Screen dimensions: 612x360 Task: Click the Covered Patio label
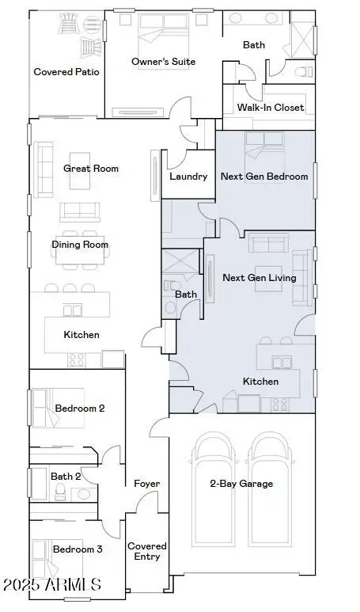pos(66,72)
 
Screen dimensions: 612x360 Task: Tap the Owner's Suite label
pos(163,62)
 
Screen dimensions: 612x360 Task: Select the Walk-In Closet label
pos(271,108)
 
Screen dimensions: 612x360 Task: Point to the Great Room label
pos(91,169)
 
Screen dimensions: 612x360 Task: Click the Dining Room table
pos(80,245)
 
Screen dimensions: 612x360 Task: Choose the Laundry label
pos(188,177)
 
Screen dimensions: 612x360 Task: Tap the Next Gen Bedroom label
pos(264,177)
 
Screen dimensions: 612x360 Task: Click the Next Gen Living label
pos(259,278)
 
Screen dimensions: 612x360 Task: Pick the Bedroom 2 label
pos(79,409)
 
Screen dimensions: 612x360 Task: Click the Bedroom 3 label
pos(78,549)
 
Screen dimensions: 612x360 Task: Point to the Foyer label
pos(146,484)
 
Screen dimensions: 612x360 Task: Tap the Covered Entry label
pos(147,551)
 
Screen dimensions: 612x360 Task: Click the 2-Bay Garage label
pos(241,484)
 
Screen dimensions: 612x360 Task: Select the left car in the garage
pos(213,491)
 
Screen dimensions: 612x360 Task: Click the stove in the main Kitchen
pos(77,360)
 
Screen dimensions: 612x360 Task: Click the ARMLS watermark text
pos(52,587)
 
